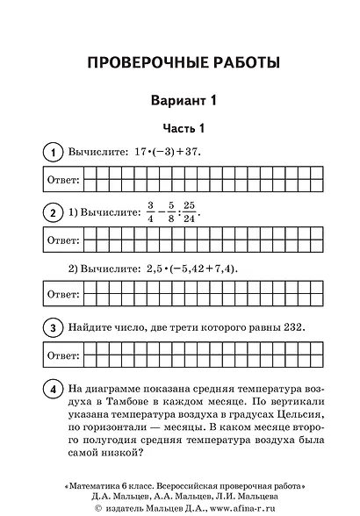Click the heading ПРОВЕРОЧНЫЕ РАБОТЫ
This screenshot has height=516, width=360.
click(180, 62)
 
